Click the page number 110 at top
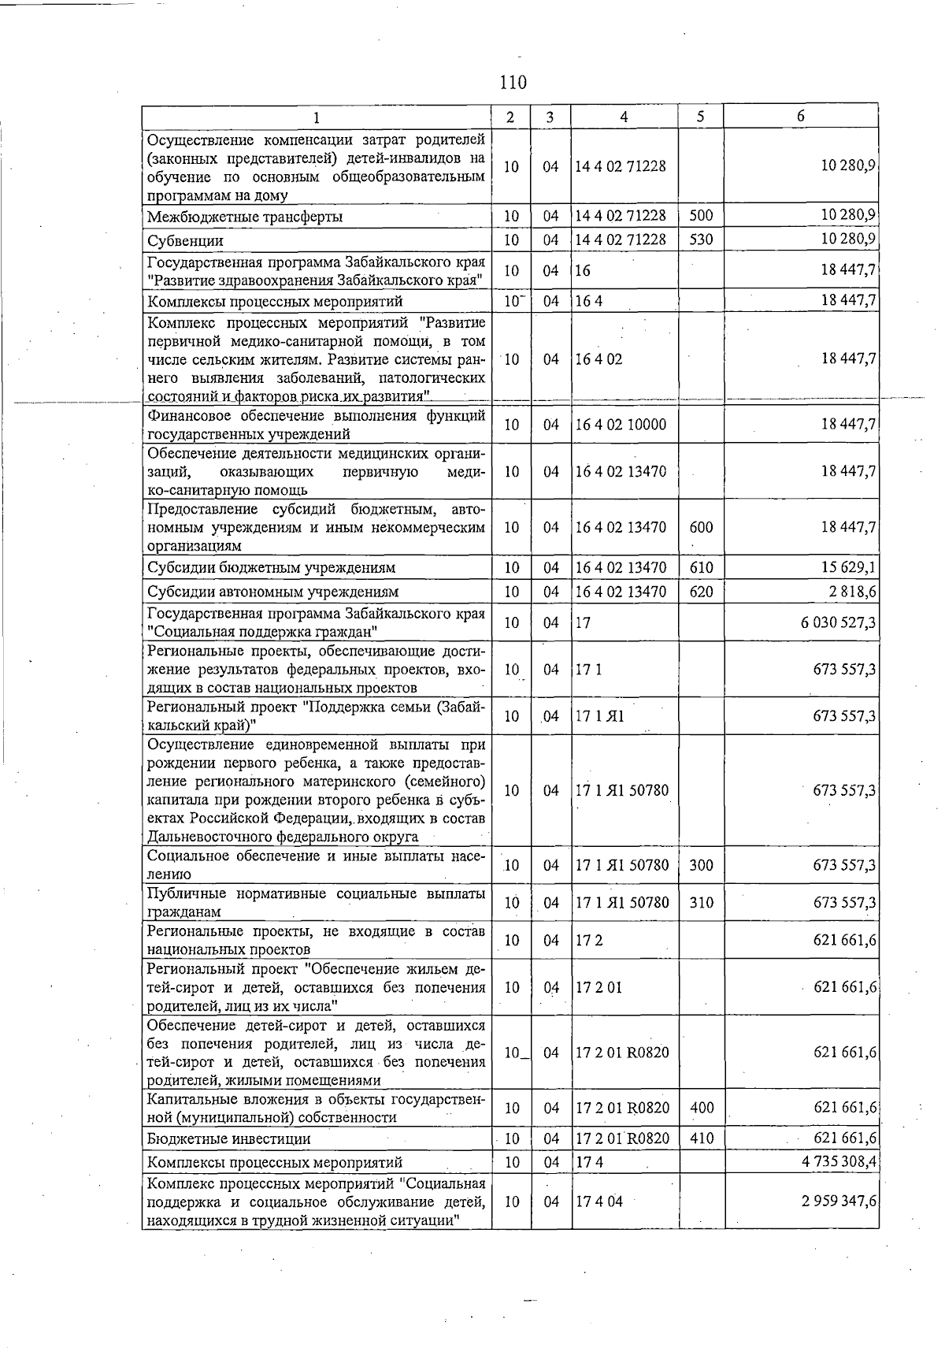click(512, 82)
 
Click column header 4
click(624, 117)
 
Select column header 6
click(800, 116)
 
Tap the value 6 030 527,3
click(838, 623)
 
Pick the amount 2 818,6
click(850, 592)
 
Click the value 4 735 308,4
click(839, 1162)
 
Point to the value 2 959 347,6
click(839, 1201)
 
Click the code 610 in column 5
click(700, 568)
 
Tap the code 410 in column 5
click(701, 1138)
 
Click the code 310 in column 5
click(701, 903)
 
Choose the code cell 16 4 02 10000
click(621, 425)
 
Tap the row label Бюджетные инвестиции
click(228, 1139)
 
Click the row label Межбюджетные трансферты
click(244, 217)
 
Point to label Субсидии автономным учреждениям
click(272, 592)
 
